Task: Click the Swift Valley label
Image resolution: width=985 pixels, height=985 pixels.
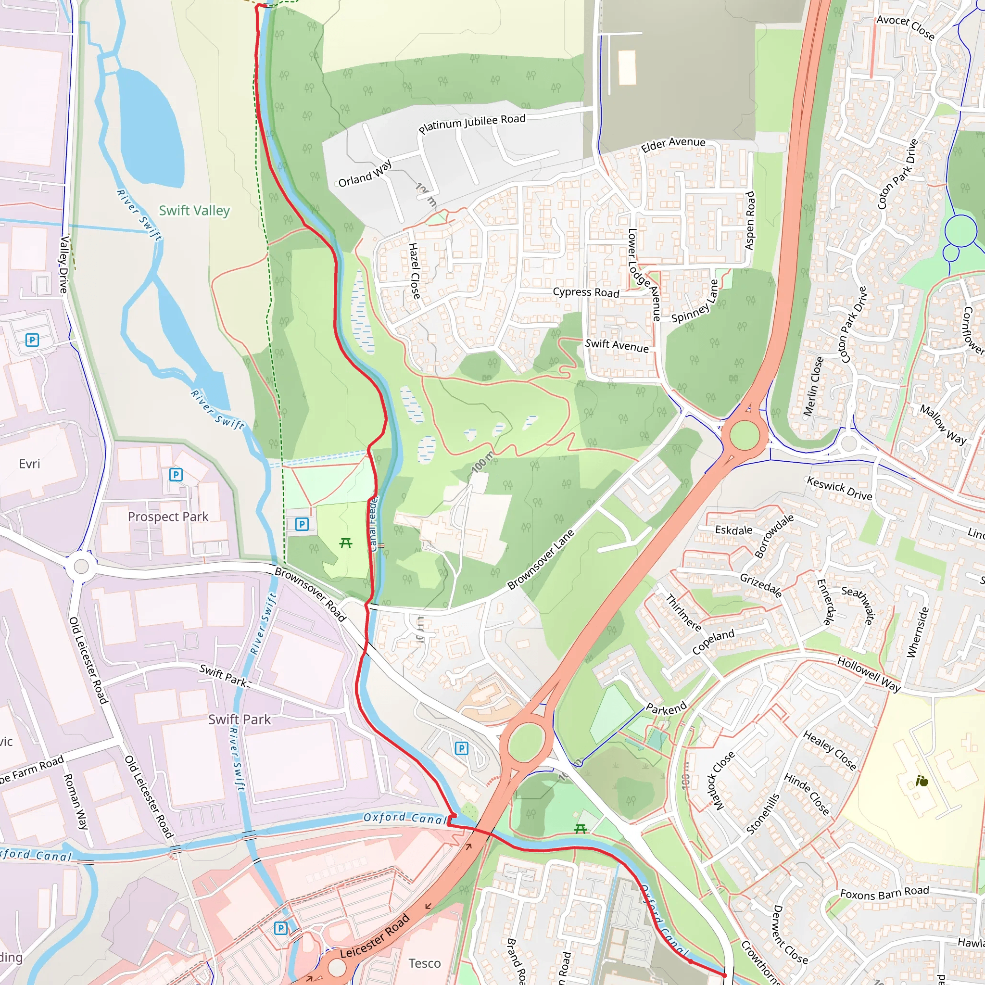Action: tap(194, 210)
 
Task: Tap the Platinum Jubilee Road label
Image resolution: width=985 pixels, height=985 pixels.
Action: tap(472, 124)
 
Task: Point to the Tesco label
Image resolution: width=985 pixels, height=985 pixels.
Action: tap(424, 963)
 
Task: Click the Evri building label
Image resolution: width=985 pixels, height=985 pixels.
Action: tap(29, 464)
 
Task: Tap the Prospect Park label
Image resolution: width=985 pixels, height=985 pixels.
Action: tap(168, 517)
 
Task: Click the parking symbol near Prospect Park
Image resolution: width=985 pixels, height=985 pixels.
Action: tap(176, 475)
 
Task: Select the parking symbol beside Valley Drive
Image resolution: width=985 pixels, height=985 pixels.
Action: tap(32, 340)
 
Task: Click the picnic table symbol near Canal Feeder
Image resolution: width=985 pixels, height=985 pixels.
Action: tap(346, 543)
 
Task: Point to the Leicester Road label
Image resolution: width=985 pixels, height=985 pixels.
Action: tap(375, 936)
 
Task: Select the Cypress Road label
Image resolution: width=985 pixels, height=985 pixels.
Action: tap(586, 292)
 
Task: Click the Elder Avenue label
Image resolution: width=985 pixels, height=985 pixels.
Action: tap(673, 144)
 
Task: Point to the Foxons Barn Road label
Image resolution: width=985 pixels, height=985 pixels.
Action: tap(884, 892)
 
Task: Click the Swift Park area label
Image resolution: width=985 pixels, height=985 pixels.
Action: tap(239, 720)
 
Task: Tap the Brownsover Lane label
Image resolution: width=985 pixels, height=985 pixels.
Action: tap(541, 559)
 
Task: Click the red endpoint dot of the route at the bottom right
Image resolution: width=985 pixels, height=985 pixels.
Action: tap(724, 975)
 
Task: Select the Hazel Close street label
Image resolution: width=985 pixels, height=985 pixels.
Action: tap(415, 271)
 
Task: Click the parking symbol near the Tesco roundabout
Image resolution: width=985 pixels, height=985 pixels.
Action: tap(280, 928)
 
